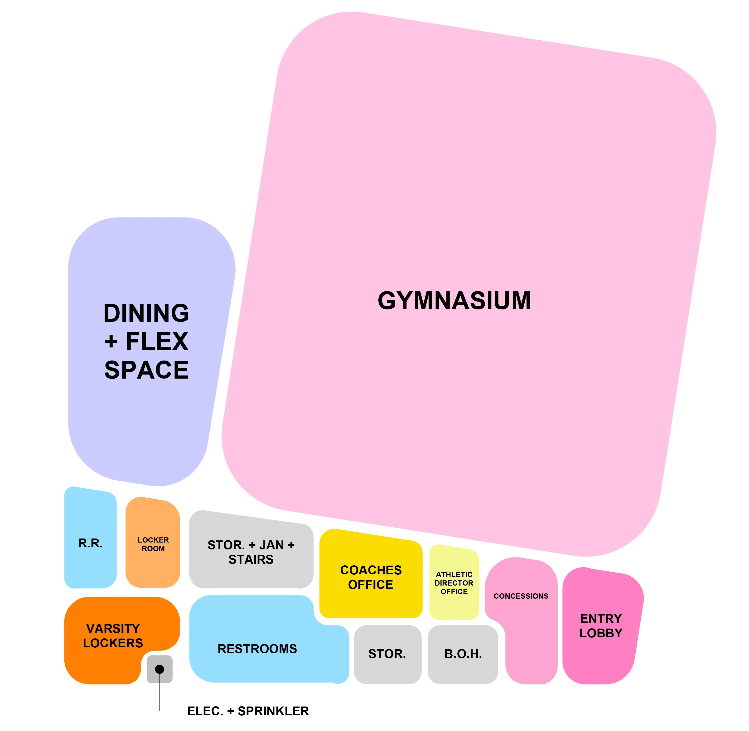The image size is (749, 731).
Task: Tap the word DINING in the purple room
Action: coord(146,313)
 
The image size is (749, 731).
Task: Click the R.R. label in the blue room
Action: coord(90,543)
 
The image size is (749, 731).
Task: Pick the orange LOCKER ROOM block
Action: coord(153,544)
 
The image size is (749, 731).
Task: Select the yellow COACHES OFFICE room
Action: coord(371,577)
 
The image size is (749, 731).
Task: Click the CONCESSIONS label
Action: coord(521,596)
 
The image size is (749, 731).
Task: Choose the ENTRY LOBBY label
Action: coord(601,625)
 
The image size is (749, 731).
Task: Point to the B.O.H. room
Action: coord(463,654)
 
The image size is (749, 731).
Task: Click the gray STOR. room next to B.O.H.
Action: coord(387,654)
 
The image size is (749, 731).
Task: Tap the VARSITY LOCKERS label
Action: coord(113,635)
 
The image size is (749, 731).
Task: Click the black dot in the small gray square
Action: coord(159,669)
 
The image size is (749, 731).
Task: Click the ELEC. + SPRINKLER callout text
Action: coord(248,711)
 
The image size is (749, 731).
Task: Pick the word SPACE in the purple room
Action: coord(146,370)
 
